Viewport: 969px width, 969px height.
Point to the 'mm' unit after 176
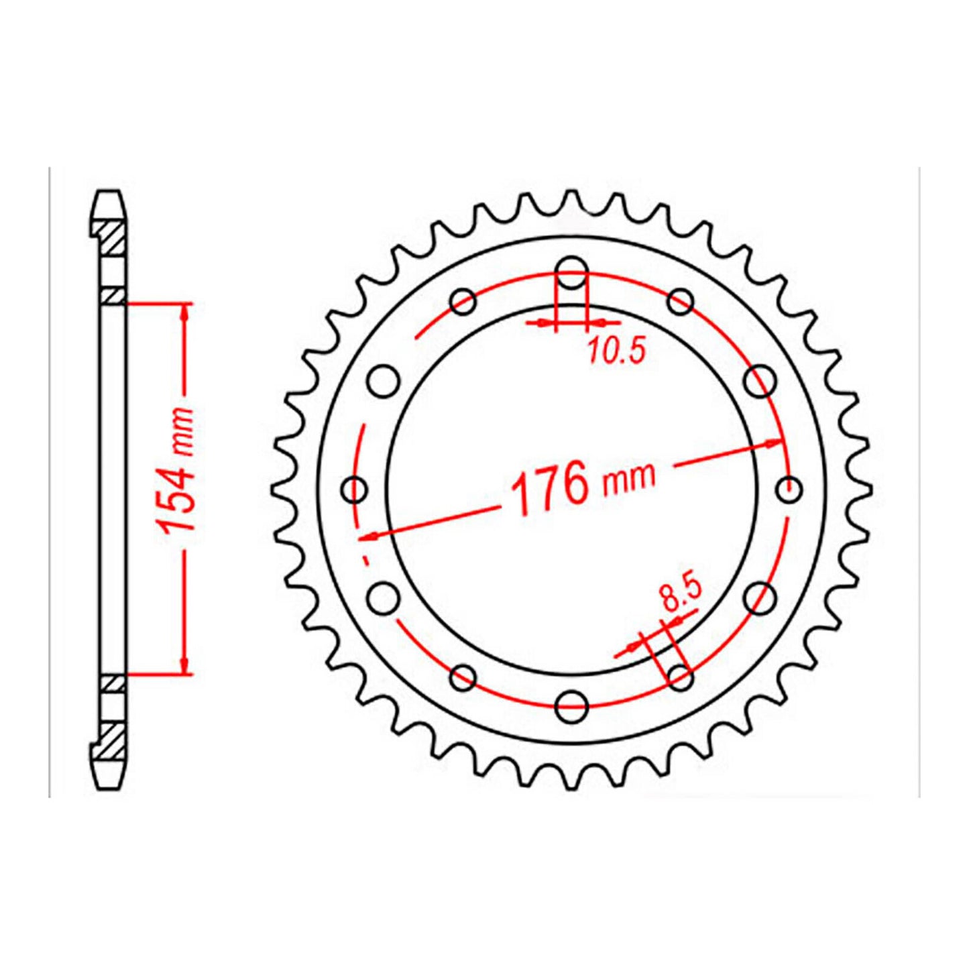pos(628,476)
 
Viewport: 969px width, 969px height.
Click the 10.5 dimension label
pos(616,351)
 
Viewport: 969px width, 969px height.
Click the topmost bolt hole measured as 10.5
pos(572,273)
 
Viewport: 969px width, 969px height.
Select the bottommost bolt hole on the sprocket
pos(572,703)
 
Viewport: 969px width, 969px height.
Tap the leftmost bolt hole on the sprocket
pos(355,489)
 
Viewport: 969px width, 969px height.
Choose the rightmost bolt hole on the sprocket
pos(789,489)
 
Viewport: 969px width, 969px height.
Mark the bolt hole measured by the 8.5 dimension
pos(680,677)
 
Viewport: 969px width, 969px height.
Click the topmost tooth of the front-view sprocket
pos(571,199)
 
